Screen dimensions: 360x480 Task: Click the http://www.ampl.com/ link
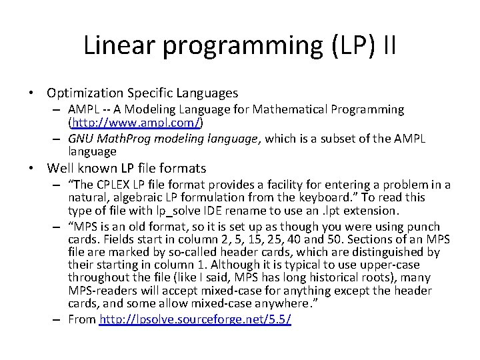136,123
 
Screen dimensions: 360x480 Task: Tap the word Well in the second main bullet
59,168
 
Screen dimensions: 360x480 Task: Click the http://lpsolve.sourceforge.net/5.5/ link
195,319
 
